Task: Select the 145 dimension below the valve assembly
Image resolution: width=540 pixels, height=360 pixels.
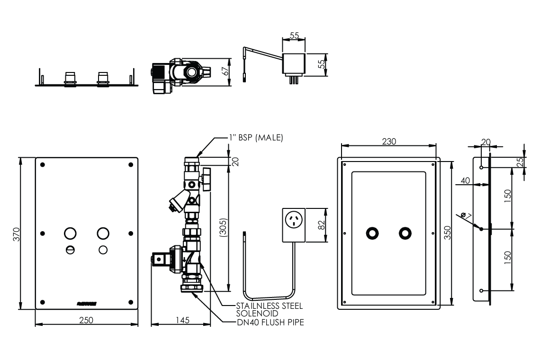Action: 181,320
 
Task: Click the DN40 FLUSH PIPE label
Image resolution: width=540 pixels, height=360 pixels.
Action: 270,322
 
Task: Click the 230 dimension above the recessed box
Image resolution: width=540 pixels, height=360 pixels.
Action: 388,141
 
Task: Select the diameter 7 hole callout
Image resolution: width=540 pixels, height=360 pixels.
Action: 467,216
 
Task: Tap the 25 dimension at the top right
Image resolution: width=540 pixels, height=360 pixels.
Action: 520,162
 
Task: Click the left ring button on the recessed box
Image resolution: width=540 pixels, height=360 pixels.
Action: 372,233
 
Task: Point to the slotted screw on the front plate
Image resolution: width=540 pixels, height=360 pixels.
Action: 70,250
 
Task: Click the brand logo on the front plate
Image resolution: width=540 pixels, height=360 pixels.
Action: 87,301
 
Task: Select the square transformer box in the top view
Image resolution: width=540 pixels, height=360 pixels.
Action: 294,64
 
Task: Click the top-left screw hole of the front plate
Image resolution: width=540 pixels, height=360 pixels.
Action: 43,165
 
